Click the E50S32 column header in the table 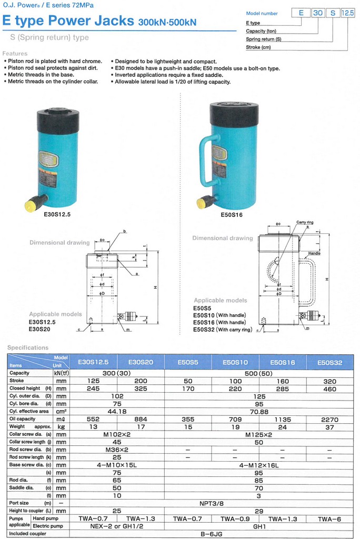click(329, 362)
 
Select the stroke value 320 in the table click(329, 381)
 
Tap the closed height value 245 click(93, 388)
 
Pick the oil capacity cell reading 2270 click(329, 420)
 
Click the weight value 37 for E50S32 click(329, 427)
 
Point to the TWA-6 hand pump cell click(329, 518)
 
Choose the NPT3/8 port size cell click(212, 503)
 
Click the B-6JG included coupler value click(212, 534)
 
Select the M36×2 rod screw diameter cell click(117, 450)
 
